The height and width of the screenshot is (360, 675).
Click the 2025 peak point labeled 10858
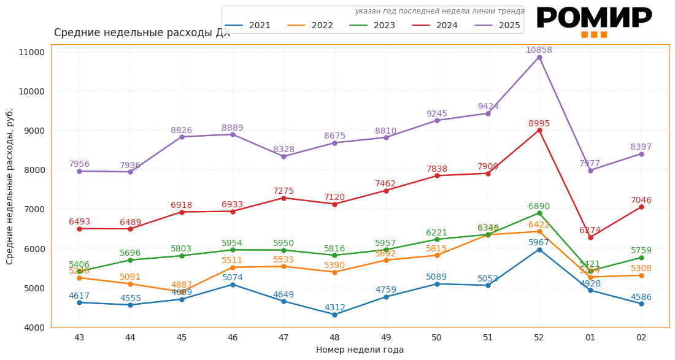pos(539,58)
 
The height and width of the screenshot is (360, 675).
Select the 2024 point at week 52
pos(539,130)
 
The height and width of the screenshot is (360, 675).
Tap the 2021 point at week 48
pos(334,315)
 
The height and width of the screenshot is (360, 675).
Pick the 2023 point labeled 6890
pos(539,213)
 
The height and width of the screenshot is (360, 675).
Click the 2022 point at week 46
pos(233,267)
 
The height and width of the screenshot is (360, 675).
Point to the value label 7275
pos(283,191)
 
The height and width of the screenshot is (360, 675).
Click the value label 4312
pos(334,307)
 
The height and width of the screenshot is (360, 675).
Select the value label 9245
pos(437,114)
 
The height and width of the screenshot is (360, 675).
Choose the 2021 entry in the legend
pos(248,26)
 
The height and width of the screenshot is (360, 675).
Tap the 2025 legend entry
pos(498,26)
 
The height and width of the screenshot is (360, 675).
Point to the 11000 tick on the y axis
pos(32,52)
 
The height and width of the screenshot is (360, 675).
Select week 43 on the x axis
pos(79,337)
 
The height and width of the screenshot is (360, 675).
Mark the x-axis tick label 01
pos(590,337)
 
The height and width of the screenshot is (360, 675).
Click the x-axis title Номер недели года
pos(360,350)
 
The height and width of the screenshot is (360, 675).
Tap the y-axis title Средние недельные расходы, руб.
pos(10,186)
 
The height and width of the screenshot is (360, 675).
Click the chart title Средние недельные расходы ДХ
pos(142,33)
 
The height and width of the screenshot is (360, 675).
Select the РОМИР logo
pos(593,21)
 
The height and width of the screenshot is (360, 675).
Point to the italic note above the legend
pos(439,11)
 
